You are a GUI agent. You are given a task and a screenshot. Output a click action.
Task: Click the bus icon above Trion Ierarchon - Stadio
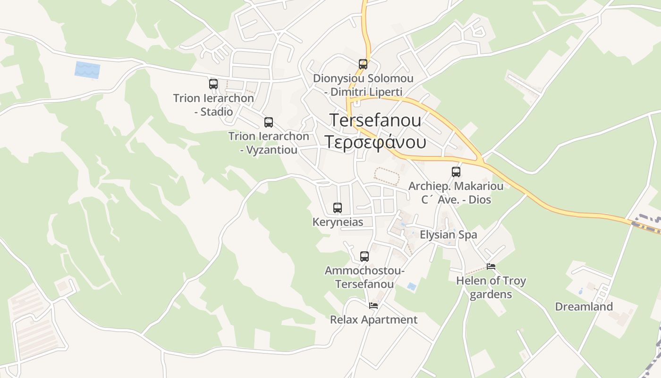pyautogui.click(x=213, y=84)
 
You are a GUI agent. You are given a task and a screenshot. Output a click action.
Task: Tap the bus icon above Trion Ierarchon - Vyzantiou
pyautogui.click(x=269, y=122)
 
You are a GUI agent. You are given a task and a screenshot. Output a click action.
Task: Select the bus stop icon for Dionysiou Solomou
pyautogui.click(x=363, y=64)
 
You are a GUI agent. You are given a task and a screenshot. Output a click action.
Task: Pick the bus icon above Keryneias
pyautogui.click(x=338, y=207)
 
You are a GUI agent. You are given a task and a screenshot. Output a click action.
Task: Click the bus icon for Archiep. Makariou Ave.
pyautogui.click(x=456, y=172)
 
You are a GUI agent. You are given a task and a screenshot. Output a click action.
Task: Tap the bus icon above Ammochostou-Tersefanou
pyautogui.click(x=364, y=257)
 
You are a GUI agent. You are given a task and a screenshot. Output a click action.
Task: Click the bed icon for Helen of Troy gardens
pyautogui.click(x=491, y=266)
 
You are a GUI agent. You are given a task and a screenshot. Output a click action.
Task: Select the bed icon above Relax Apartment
pyautogui.click(x=373, y=306)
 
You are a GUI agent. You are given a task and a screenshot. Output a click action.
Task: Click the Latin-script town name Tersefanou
pyautogui.click(x=375, y=120)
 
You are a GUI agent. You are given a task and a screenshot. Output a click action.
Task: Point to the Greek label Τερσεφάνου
pyautogui.click(x=375, y=141)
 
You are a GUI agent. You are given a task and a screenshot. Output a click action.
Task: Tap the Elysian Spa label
pyautogui.click(x=448, y=235)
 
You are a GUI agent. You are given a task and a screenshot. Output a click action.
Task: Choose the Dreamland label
pyautogui.click(x=584, y=307)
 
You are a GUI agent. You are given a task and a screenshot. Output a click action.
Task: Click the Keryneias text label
pyautogui.click(x=338, y=222)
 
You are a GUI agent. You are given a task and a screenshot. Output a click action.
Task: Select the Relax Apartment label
pyautogui.click(x=373, y=320)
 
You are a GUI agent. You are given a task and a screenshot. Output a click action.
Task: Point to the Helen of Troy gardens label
pyautogui.click(x=491, y=287)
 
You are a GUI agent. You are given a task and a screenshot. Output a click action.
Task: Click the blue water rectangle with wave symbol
pyautogui.click(x=87, y=70)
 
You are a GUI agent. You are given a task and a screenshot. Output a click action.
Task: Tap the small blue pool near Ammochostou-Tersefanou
pyautogui.click(x=412, y=286)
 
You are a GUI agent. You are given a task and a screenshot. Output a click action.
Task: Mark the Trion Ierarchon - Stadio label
pyautogui.click(x=213, y=105)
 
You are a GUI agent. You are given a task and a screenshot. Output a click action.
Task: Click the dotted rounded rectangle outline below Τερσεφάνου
pyautogui.click(x=387, y=176)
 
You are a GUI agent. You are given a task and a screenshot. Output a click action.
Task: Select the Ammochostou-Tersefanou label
pyautogui.click(x=364, y=277)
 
